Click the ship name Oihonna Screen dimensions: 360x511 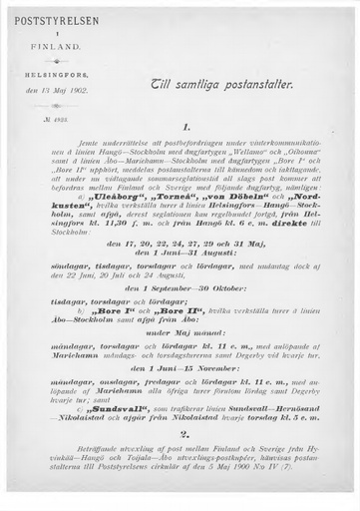(298, 156)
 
